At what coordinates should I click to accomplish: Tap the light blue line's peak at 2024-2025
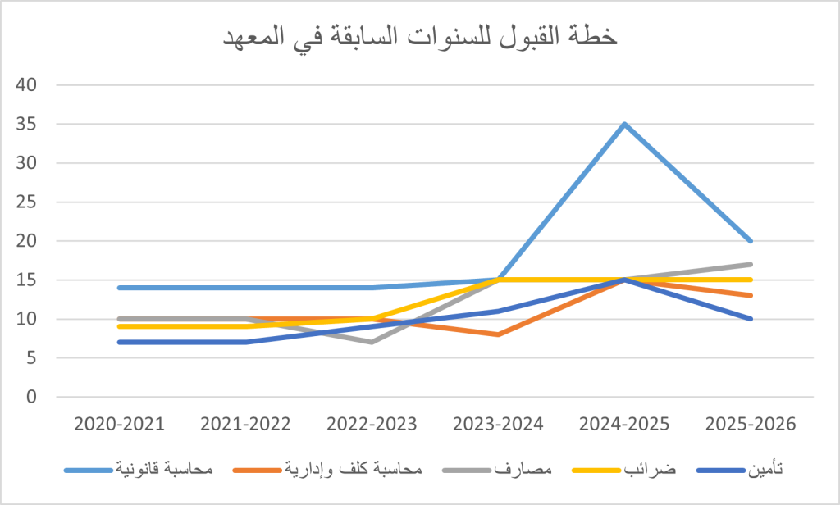coord(625,124)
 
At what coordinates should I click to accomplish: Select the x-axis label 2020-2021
coord(119,425)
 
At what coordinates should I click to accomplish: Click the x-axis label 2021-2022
coord(245,425)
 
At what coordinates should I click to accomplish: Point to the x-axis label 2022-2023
coord(372,425)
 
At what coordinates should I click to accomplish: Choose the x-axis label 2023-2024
coord(499,425)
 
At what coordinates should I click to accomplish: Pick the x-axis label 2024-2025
coord(625,425)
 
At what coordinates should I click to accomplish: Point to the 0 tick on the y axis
coord(31,397)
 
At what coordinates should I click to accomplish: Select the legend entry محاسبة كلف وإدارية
coord(354,470)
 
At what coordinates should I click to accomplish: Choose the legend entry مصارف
coord(516,470)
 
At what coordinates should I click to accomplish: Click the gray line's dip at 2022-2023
coord(372,342)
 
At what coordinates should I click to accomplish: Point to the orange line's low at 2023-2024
coord(499,334)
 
